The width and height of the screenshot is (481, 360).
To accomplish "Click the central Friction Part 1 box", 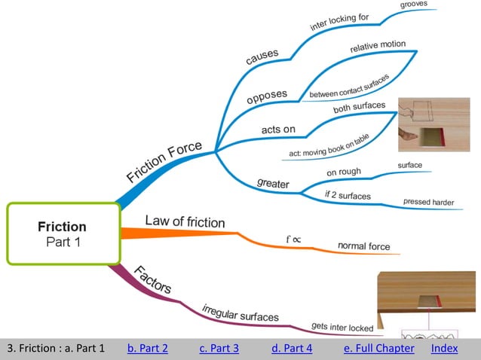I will point(63,233).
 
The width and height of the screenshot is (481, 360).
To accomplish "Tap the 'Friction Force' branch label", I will point(164,163).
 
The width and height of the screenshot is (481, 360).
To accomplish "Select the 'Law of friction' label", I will point(185,221).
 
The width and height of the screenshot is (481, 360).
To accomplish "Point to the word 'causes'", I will point(262,56).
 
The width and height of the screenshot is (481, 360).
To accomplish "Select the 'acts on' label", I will point(278,130).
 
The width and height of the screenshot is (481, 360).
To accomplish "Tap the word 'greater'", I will point(273,182).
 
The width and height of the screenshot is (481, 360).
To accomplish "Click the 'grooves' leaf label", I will point(414,4).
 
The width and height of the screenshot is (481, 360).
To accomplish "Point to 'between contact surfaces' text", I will point(349,88).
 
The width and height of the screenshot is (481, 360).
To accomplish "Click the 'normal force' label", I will point(363,246).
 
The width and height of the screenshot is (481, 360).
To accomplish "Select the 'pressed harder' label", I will point(427,201).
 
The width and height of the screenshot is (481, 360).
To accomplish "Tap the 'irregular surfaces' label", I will point(240,313).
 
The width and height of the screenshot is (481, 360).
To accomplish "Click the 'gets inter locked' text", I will point(342,327).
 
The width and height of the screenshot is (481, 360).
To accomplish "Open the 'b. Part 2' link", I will point(147,348).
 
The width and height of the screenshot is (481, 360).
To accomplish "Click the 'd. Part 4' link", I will point(292,348).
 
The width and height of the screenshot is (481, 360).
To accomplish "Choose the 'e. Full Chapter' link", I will point(378,348).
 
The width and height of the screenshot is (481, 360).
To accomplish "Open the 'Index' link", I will point(444,348).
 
